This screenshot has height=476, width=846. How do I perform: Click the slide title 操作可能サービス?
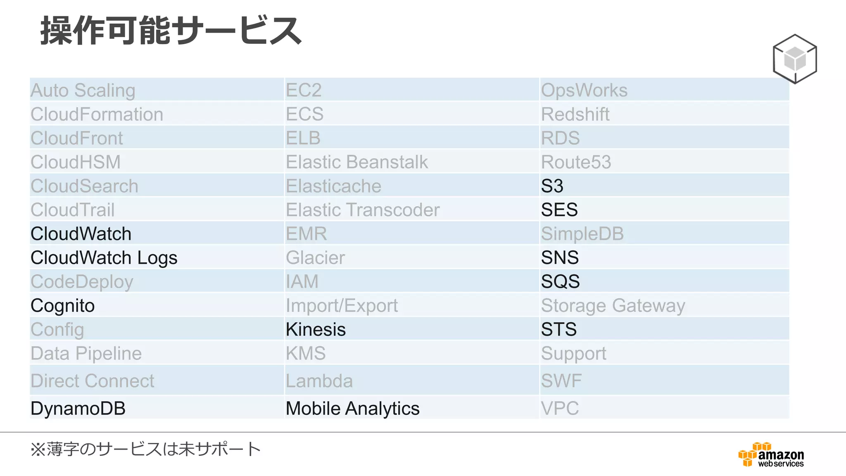pyautogui.click(x=171, y=31)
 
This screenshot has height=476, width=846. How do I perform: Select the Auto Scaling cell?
pyautogui.click(x=83, y=90)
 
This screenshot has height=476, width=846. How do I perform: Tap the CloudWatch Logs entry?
pyautogui.click(x=104, y=258)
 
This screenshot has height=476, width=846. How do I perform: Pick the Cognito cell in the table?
pyautogui.click(x=63, y=306)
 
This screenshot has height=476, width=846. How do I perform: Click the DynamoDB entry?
pyautogui.click(x=78, y=408)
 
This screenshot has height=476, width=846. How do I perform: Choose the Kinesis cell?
pyautogui.click(x=316, y=329)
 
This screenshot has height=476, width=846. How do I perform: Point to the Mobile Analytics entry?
pyautogui.click(x=352, y=408)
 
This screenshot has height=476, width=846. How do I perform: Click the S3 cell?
pyautogui.click(x=552, y=186)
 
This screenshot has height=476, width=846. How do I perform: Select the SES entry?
pyautogui.click(x=559, y=210)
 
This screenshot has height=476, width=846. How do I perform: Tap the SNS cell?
pyautogui.click(x=560, y=258)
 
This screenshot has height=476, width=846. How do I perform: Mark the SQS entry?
pyautogui.click(x=561, y=282)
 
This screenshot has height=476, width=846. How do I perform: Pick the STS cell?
pyautogui.click(x=559, y=329)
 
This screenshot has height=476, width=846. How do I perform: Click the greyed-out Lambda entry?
pyautogui.click(x=319, y=381)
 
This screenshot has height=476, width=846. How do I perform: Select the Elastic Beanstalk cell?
pyautogui.click(x=357, y=162)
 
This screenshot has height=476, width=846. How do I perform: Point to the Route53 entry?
pyautogui.click(x=576, y=162)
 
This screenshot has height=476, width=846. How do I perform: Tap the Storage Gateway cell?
pyautogui.click(x=613, y=306)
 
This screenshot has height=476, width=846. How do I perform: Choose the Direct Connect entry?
pyautogui.click(x=93, y=381)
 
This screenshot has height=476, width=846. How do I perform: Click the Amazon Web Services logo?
pyautogui.click(x=771, y=455)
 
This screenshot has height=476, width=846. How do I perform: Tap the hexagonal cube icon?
pyautogui.click(x=795, y=59)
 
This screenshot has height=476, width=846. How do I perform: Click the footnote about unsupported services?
pyautogui.click(x=145, y=449)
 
